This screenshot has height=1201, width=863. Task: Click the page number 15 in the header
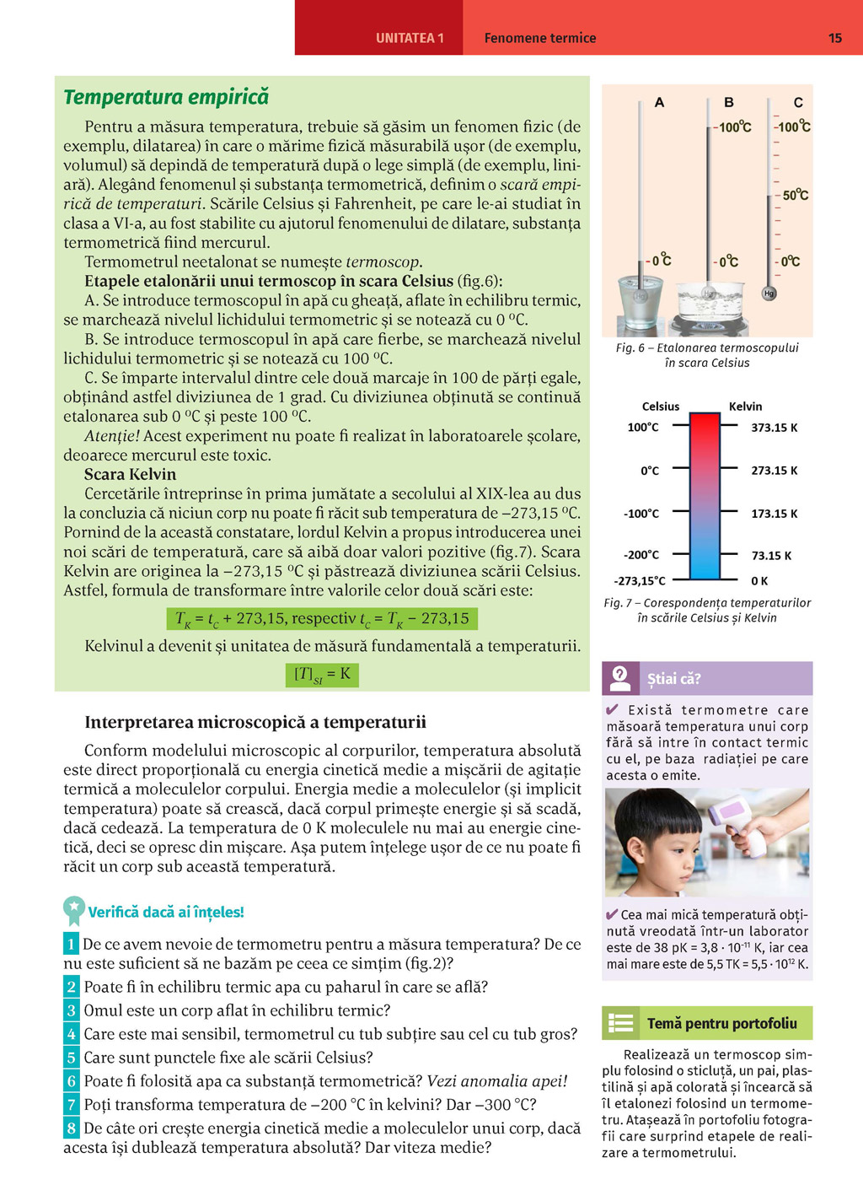click(834, 38)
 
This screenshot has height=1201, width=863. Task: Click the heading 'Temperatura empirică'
click(166, 98)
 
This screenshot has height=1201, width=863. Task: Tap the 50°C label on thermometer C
click(795, 195)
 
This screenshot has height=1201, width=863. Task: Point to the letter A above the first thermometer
click(659, 103)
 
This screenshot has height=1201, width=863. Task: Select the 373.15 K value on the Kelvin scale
click(774, 428)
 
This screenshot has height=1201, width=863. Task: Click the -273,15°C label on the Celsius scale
click(640, 581)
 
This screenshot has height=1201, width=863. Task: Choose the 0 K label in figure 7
click(759, 581)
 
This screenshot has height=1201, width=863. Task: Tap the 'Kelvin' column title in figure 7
click(745, 407)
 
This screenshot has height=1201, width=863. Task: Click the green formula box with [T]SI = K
click(322, 675)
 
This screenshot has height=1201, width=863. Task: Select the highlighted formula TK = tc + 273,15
click(322, 619)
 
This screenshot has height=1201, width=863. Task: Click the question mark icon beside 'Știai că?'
click(620, 677)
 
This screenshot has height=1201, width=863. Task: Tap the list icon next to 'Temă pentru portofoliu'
click(621, 1023)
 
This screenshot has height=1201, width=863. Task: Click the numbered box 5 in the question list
click(72, 1058)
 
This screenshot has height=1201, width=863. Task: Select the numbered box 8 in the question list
click(72, 1128)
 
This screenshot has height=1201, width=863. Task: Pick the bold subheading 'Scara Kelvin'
click(130, 475)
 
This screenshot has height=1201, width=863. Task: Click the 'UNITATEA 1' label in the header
click(410, 38)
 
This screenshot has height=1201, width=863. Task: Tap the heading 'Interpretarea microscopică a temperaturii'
click(255, 723)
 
